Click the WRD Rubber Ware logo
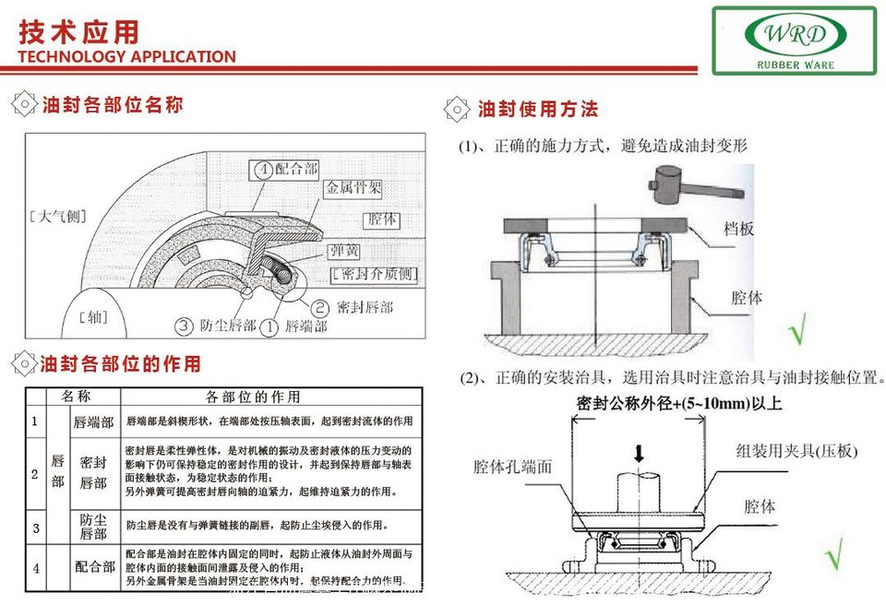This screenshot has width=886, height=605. [794, 40]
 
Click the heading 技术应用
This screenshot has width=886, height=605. [79, 31]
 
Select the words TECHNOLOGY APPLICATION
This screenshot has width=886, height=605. [126, 56]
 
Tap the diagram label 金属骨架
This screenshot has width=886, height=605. [353, 188]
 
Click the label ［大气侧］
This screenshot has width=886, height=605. [57, 218]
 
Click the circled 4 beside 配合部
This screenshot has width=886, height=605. [262, 170]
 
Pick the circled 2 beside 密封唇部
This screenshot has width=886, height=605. [319, 307]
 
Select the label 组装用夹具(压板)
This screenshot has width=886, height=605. [796, 451]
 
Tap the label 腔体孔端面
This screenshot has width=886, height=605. [512, 467]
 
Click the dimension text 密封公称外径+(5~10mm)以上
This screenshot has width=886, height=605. [679, 403]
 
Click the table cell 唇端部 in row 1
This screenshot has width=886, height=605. [94, 422]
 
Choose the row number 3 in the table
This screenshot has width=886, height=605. [35, 528]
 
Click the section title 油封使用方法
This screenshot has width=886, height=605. [538, 109]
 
